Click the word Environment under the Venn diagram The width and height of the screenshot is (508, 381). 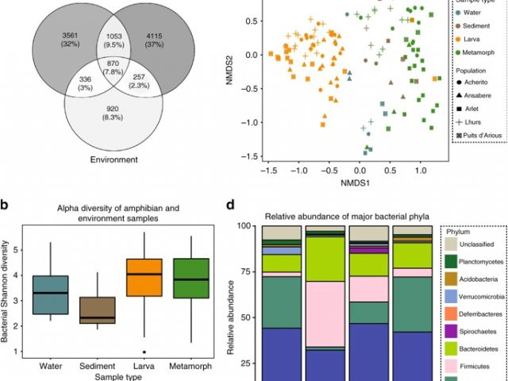(x=118, y=160)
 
